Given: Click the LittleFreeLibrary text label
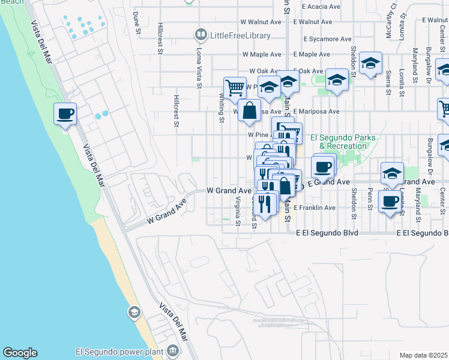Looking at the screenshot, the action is [x=240, y=36].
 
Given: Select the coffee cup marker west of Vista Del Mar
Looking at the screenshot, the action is [x=65, y=113].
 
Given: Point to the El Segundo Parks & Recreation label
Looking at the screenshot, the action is [x=343, y=142].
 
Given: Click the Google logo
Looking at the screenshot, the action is [x=20, y=353].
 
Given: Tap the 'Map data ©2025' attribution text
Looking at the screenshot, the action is [x=423, y=355].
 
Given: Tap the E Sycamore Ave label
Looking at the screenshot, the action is [x=327, y=39].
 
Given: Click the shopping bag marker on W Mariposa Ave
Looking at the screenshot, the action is [x=249, y=111].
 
